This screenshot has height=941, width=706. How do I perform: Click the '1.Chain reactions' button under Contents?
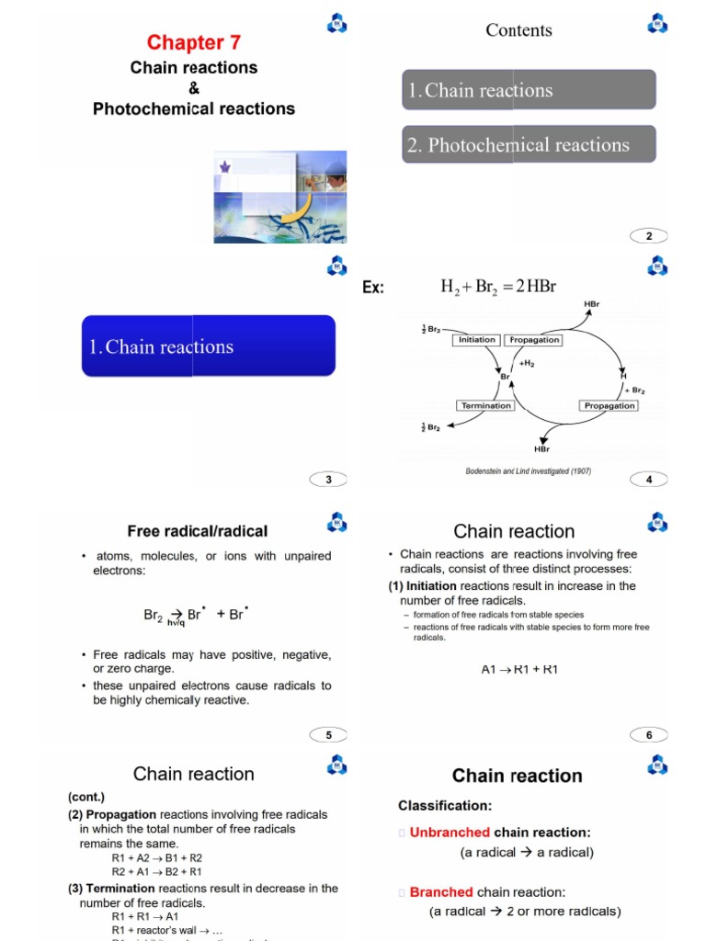[529, 90]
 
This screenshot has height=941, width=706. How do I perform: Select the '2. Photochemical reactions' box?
[529, 144]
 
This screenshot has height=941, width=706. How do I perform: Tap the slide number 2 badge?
[649, 236]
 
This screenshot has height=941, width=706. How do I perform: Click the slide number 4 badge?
[649, 479]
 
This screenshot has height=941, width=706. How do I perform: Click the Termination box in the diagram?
[484, 405]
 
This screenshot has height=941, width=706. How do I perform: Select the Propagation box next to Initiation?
[534, 339]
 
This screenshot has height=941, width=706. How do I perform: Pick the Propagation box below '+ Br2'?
[609, 405]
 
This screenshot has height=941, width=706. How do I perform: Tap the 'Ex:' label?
[373, 288]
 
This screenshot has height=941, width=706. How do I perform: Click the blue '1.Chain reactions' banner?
[209, 346]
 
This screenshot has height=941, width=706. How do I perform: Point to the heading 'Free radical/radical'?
[197, 531]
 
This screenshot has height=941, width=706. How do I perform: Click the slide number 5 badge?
[329, 733]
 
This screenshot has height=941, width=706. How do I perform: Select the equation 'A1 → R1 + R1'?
[519, 669]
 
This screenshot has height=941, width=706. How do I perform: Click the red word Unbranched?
[450, 833]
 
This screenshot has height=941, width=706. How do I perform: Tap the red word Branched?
[441, 892]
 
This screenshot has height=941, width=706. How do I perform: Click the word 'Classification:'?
[445, 806]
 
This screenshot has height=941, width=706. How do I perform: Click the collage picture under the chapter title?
[279, 197]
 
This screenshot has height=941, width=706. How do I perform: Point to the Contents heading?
[518, 30]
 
